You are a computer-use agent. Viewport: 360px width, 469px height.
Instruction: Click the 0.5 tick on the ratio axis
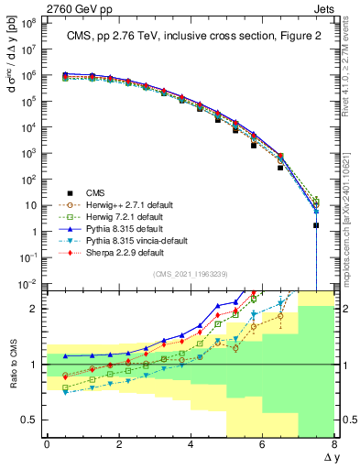tap(29, 420)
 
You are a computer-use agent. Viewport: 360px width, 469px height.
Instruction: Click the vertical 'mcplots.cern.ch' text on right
tap(350, 211)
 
